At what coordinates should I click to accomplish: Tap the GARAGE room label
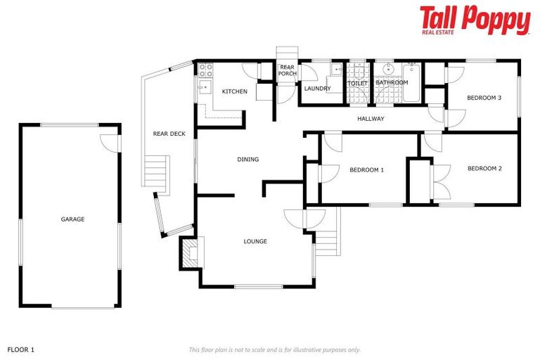72,219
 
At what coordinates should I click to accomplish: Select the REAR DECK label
169,134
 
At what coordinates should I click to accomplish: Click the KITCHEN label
235,92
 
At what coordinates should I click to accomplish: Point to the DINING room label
248,160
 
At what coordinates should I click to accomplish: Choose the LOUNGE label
255,242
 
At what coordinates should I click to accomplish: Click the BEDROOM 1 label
366,169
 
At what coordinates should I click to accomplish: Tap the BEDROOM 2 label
484,169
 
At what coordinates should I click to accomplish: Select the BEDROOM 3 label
484,98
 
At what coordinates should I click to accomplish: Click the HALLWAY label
371,119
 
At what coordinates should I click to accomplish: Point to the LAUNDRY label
317,89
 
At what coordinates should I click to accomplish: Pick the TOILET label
358,84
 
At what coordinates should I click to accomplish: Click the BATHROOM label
392,83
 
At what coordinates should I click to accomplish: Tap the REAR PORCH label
287,70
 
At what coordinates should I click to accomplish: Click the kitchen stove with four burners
205,69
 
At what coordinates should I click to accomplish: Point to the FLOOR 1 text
20,349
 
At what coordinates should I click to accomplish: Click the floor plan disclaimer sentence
274,349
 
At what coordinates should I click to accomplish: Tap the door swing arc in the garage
109,141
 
